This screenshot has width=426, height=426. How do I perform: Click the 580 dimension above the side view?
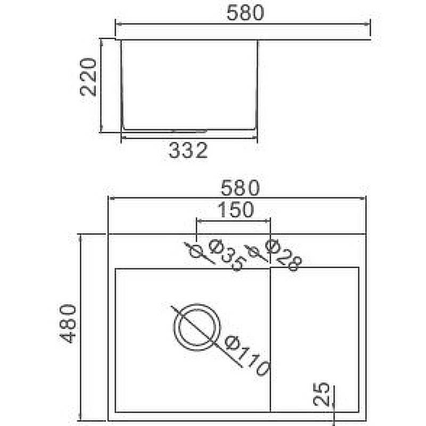pyautogui.click(x=245, y=13)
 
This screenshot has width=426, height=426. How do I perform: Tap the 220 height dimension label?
pyautogui.click(x=88, y=77)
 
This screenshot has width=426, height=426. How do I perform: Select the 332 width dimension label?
pyautogui.click(x=189, y=151)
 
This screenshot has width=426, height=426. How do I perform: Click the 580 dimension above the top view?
pyautogui.click(x=240, y=188)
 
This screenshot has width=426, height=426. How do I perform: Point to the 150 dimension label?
pyautogui.click(x=236, y=210)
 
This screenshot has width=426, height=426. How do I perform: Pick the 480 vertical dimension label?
pyautogui.click(x=68, y=324)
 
